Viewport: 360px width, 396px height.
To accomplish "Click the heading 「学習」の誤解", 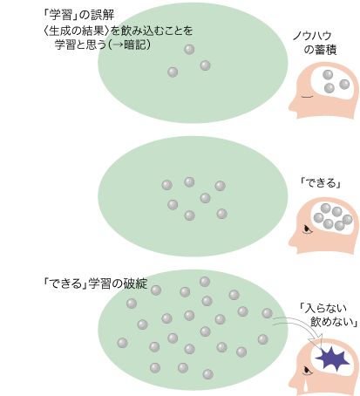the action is click(78, 15).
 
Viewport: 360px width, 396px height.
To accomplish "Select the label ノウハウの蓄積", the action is click(315, 43).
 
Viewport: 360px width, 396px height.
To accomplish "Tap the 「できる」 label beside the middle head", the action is click(320, 183).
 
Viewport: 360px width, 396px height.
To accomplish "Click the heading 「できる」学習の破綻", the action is click(95, 283).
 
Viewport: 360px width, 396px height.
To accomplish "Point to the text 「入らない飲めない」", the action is click(329, 315).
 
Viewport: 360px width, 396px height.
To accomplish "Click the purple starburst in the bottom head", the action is click(332, 358).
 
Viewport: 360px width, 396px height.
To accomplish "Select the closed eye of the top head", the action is click(307, 97).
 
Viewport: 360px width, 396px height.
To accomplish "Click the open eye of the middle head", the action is click(307, 229).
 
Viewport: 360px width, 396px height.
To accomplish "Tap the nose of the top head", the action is click(291, 107).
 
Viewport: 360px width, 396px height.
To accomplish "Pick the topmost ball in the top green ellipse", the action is click(189, 50).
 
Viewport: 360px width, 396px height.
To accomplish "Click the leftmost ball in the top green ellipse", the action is click(173, 72).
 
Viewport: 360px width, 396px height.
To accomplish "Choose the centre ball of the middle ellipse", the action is click(205, 198).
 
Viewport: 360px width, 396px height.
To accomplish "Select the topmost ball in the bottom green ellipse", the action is click(205, 282).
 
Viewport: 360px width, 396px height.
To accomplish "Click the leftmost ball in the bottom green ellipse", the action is click(122, 343).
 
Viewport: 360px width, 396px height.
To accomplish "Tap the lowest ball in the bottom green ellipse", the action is click(207, 374).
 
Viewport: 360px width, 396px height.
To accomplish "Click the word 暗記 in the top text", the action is click(134, 45).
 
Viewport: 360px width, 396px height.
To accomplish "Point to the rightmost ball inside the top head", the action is click(344, 85).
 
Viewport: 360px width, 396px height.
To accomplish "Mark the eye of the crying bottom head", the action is click(307, 371).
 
